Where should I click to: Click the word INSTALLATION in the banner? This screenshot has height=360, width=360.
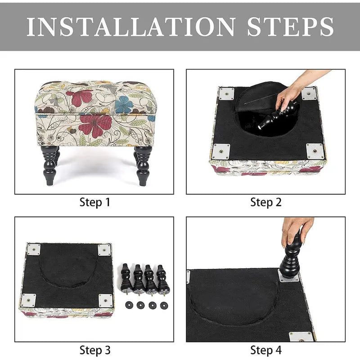click(x=131, y=27)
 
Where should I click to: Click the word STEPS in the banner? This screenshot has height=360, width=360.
click(x=290, y=27)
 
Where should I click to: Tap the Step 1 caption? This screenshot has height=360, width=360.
click(x=95, y=202)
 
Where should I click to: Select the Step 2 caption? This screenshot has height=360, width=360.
click(x=266, y=202)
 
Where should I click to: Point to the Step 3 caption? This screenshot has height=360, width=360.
click(x=95, y=351)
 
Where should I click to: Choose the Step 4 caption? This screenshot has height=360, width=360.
click(x=266, y=351)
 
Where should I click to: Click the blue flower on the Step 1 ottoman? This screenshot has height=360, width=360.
click(x=124, y=104)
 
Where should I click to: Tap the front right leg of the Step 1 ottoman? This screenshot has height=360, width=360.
click(x=143, y=165)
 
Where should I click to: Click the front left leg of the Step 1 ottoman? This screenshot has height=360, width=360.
click(x=49, y=165)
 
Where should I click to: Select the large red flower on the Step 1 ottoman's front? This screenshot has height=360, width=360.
click(x=95, y=126)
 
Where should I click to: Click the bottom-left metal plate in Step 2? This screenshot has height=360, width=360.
click(x=221, y=152)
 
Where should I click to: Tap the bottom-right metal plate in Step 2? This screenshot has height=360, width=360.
click(x=315, y=151)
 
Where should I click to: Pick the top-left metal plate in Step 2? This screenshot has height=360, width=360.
click(x=227, y=94)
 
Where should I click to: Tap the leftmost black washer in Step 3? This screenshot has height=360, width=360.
click(x=129, y=305)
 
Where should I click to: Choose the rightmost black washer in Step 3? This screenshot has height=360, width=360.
click(x=164, y=306)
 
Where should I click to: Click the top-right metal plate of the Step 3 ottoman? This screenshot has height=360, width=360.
click(x=104, y=250)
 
